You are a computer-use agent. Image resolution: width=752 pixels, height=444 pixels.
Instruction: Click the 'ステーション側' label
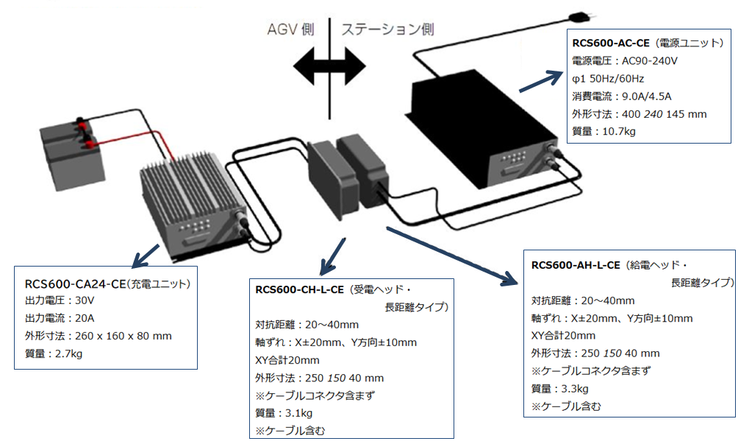(x=387, y=29)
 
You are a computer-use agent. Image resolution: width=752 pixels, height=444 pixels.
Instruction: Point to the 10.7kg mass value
(x=620, y=131)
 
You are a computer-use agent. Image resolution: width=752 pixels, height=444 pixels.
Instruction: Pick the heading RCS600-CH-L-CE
(x=299, y=290)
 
